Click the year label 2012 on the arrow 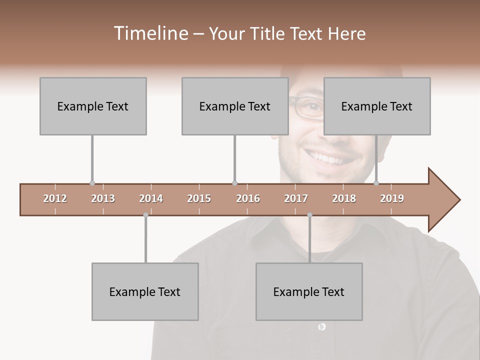coord(55,198)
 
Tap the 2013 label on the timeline coord(103,198)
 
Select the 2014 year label coord(151,198)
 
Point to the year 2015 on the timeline coord(199,198)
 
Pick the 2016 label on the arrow coord(248,198)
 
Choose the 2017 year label coord(296,198)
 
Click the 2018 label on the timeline coord(344,198)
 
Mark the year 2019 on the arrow coord(392,198)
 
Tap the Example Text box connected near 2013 coord(93,106)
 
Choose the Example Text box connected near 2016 coord(235,106)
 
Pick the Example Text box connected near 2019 coord(377,106)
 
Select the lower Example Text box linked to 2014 coord(145,291)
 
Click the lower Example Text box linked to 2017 coord(309,291)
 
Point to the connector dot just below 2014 coord(145,215)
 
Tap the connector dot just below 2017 coord(309,215)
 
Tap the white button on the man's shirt coord(321,326)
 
